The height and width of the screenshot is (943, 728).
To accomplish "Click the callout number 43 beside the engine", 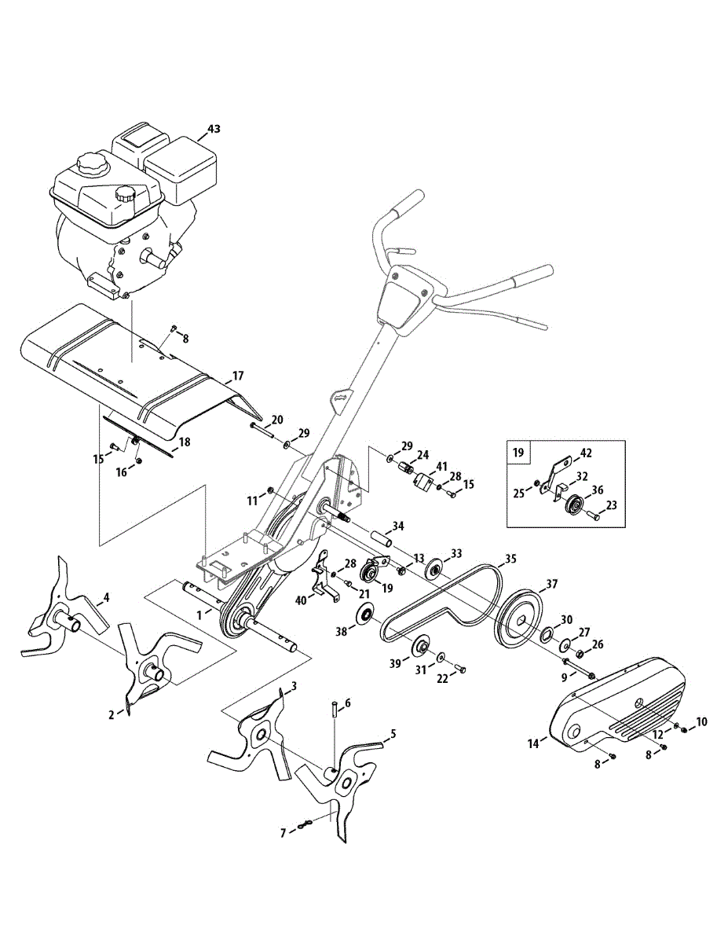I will click(214, 127).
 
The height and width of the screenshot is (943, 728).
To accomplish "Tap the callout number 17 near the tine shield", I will click(238, 376).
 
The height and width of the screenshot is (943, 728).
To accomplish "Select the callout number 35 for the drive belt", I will click(510, 560).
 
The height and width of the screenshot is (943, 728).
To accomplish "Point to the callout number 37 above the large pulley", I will click(552, 584).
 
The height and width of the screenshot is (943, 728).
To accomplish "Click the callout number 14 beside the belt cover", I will click(534, 743).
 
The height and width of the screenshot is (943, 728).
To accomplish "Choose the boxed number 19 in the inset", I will click(518, 453).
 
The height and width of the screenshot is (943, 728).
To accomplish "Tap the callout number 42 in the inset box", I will click(586, 453).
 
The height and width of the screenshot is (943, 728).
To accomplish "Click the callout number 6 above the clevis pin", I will click(347, 702).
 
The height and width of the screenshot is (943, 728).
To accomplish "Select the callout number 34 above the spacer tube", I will click(398, 525).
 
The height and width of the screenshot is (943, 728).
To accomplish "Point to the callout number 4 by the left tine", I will click(107, 597).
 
